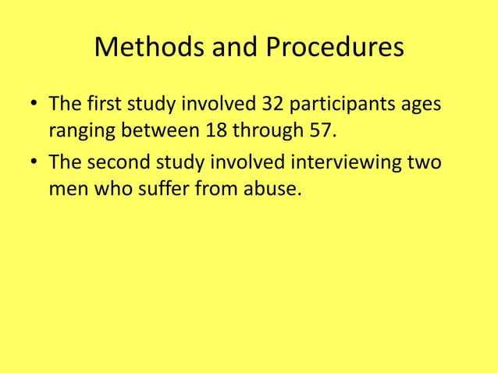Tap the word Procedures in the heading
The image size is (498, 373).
(x=336, y=48)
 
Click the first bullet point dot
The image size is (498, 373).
(x=34, y=103)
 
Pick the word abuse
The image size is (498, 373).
(x=272, y=190)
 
